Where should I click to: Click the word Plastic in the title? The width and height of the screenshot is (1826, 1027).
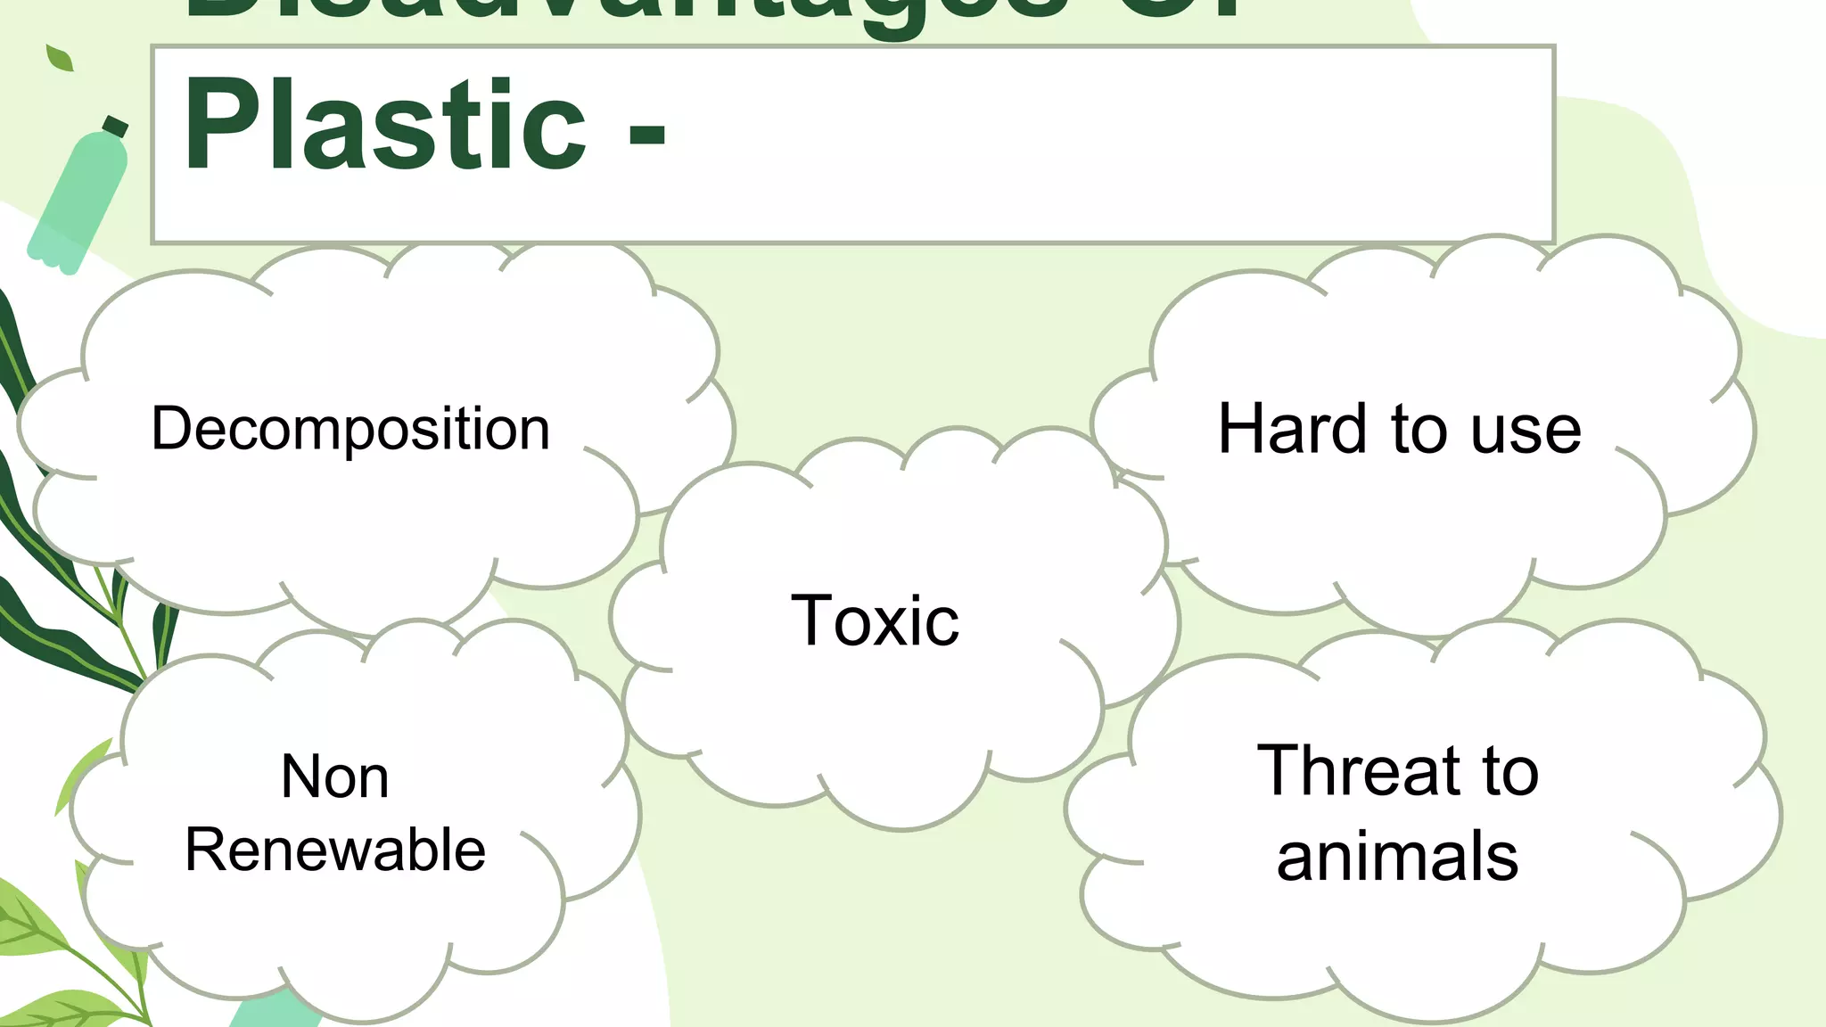(384, 125)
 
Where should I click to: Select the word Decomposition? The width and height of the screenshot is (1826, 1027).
(350, 429)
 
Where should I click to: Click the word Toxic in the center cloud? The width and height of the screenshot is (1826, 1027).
(875, 620)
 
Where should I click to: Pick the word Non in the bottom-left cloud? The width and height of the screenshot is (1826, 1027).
(334, 776)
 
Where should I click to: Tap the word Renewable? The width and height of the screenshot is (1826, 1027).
(335, 850)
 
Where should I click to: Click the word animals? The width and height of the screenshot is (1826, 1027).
(1397, 857)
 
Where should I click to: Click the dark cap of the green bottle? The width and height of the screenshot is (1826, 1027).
(115, 127)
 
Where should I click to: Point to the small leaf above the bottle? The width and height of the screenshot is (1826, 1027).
(60, 58)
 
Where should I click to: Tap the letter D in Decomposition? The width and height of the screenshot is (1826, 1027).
(171, 429)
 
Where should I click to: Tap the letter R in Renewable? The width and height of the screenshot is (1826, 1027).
(203, 850)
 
